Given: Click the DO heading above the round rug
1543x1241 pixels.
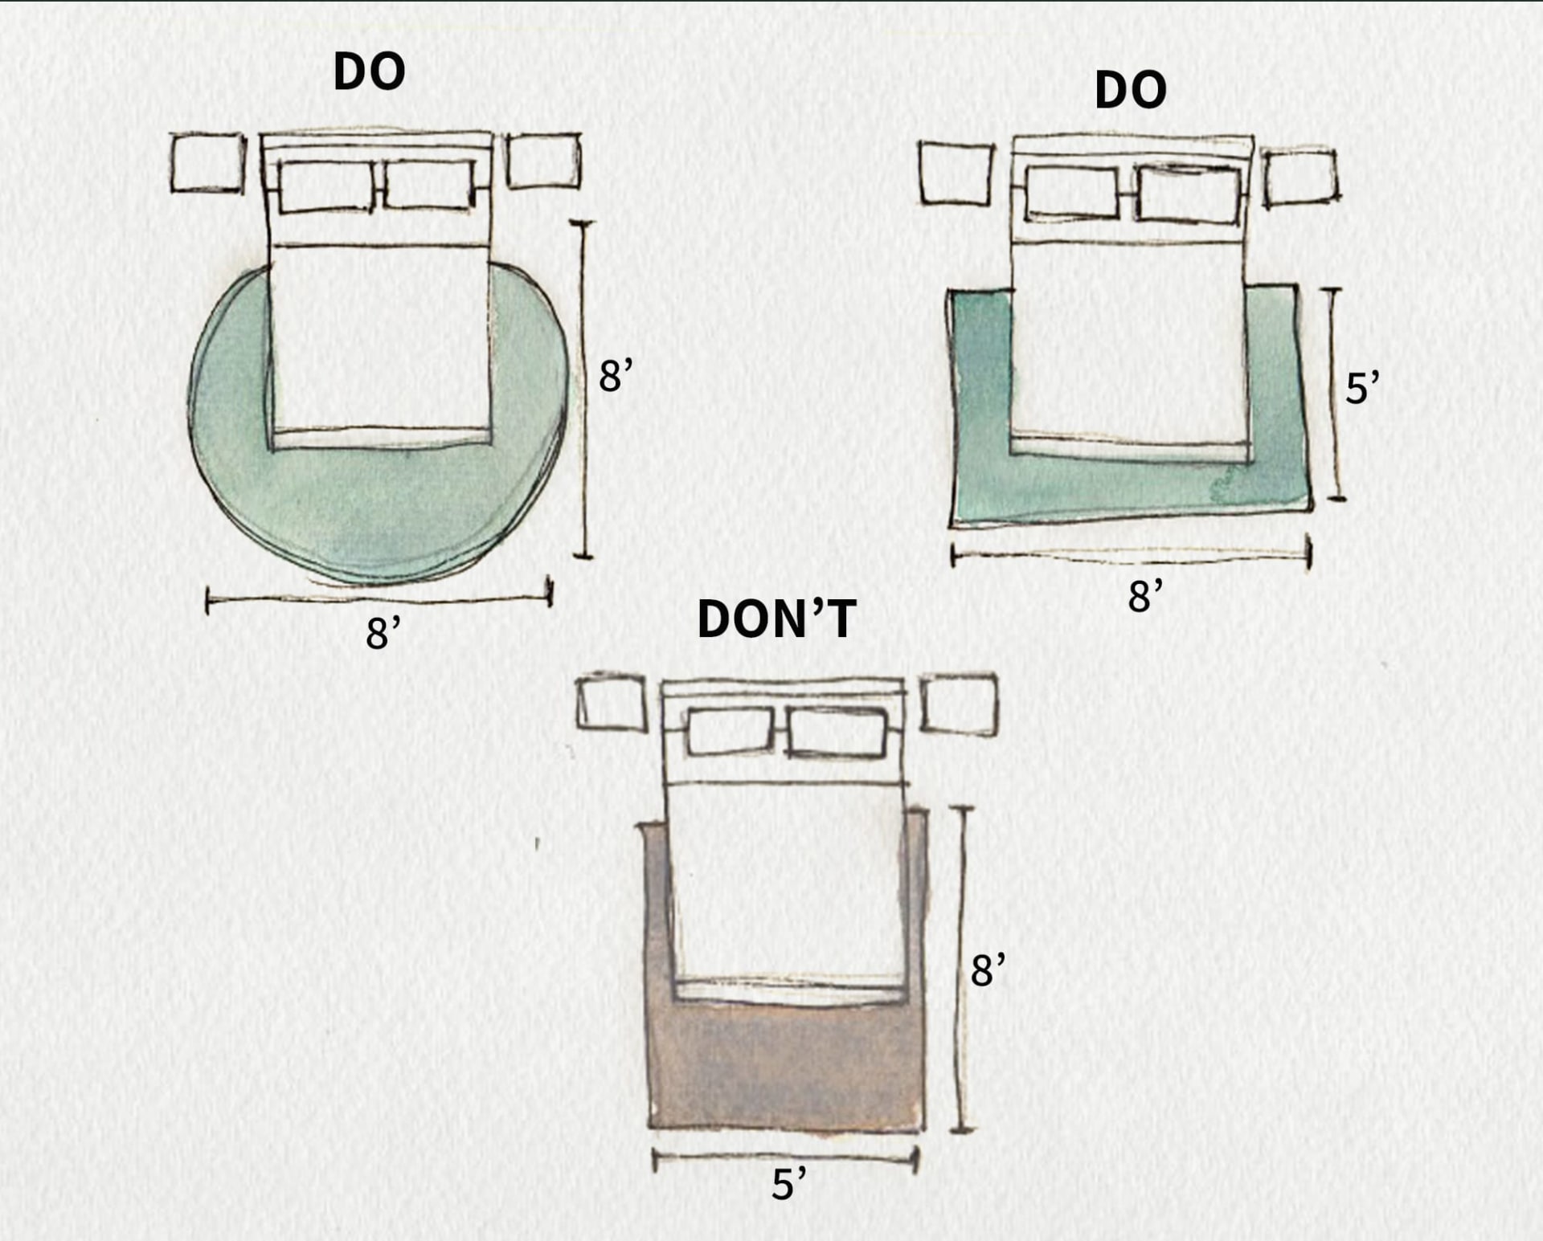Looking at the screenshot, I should coord(369,71).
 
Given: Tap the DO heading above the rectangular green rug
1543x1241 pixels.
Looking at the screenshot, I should coord(1130,89).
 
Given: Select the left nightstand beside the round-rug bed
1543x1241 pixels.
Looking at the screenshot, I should coord(207,163).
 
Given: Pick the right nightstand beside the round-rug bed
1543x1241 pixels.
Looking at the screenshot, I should coord(544,161).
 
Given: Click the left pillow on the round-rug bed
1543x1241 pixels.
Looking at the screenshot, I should coord(326,186).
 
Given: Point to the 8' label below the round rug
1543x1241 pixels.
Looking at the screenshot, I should coord(383,633).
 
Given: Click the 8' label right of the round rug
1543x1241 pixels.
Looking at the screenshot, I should coord(615,376).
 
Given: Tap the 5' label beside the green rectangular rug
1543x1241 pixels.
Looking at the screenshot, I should coord(1361,389).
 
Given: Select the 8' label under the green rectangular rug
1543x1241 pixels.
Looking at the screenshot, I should coord(1144,596).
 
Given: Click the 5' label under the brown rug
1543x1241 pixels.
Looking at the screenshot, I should coord(788,1184).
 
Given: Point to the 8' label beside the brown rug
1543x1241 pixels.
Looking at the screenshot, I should coord(987,970).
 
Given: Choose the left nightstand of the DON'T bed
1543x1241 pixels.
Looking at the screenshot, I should coord(612,703).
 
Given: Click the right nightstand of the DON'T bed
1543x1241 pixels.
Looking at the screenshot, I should coord(959,704).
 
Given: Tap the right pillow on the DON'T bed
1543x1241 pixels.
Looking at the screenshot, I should coord(837,732).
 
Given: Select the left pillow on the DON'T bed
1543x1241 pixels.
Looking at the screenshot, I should coord(730,731).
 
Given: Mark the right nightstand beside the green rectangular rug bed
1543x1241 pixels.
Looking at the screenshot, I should coord(1300,178).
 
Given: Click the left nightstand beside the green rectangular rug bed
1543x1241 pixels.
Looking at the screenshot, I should coord(956,173).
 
